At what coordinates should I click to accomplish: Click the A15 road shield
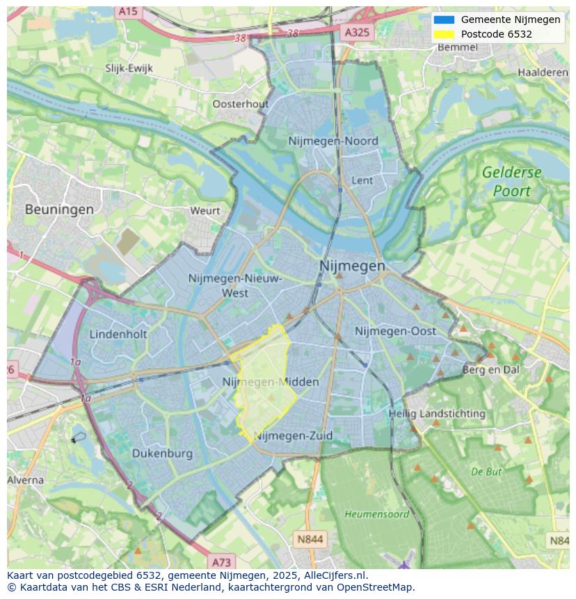click(x=128, y=12)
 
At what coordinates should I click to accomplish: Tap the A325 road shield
click(x=358, y=32)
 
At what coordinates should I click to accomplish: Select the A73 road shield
click(x=221, y=562)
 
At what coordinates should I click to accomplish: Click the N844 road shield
click(x=310, y=539)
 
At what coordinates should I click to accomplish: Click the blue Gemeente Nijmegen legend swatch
click(x=443, y=19)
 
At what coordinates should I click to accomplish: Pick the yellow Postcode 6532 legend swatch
click(x=443, y=34)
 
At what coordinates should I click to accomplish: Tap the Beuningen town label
click(x=59, y=209)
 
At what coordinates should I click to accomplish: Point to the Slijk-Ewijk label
click(x=129, y=68)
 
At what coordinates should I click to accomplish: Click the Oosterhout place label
click(x=240, y=104)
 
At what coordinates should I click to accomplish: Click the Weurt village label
click(x=205, y=210)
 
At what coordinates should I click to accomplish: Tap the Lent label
click(x=362, y=180)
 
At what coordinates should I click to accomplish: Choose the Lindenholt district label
click(x=118, y=334)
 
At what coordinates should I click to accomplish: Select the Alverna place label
click(x=26, y=480)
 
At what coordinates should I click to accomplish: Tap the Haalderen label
click(x=543, y=72)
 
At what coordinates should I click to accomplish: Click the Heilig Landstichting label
click(x=437, y=413)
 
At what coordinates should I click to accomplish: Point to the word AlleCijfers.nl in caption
click(x=337, y=575)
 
